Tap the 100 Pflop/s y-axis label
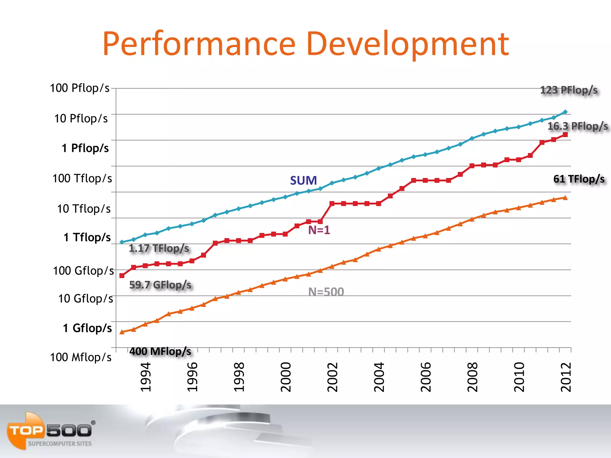80,88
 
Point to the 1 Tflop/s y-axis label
87,237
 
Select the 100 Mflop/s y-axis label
81,357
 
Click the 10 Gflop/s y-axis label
86,298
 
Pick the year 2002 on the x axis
332,377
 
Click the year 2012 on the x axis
566,377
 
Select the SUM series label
303,180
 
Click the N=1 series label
319,230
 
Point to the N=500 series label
326,292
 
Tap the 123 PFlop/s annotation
569,90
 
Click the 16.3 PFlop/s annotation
577,126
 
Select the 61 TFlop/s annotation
579,179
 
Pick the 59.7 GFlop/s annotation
160,285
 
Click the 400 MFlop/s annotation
160,351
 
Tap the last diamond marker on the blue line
565,112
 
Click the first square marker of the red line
122,276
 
